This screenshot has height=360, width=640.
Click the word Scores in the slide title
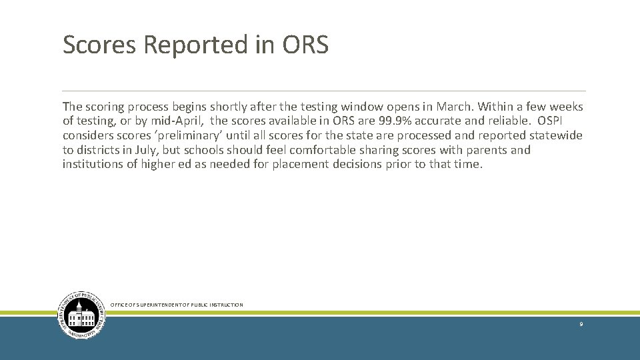[99, 45]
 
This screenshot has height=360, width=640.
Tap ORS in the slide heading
[305, 45]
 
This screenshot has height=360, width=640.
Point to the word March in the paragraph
[453, 107]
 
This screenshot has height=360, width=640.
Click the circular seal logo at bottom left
[81, 315]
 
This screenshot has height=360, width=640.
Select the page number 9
[581, 324]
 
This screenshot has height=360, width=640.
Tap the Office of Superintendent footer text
[177, 305]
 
